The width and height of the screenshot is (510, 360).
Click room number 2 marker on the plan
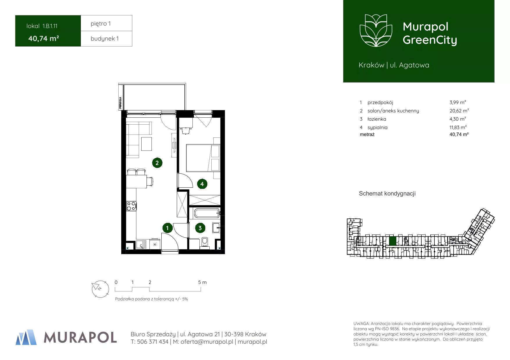click(x=157, y=163)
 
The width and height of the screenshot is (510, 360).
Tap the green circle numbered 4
click(x=202, y=184)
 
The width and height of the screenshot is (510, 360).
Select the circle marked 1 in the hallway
click(x=167, y=228)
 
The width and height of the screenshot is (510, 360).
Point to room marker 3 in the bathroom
click(x=200, y=228)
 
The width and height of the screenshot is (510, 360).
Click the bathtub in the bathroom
click(x=207, y=213)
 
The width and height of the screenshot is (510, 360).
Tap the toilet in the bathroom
click(x=205, y=243)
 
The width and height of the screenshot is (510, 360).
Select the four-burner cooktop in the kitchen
click(x=131, y=206)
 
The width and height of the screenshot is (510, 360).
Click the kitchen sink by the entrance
click(x=141, y=244)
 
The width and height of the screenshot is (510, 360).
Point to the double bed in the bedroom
click(x=203, y=158)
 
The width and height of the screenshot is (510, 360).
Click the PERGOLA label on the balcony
click(x=120, y=103)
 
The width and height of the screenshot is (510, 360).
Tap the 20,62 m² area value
click(x=459, y=111)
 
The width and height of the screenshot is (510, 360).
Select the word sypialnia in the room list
click(x=377, y=128)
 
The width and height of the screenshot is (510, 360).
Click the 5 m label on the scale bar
click(x=202, y=282)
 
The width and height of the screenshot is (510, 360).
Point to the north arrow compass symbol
click(x=100, y=289)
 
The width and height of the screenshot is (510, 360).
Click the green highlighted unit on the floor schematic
click(x=393, y=241)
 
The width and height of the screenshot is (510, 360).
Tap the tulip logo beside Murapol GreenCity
click(x=376, y=30)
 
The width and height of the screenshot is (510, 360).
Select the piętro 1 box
click(x=106, y=23)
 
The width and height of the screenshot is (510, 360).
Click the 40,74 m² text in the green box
click(x=44, y=38)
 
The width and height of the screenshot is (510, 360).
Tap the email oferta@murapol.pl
click(x=207, y=342)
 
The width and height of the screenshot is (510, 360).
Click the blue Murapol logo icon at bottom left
click(x=26, y=337)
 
